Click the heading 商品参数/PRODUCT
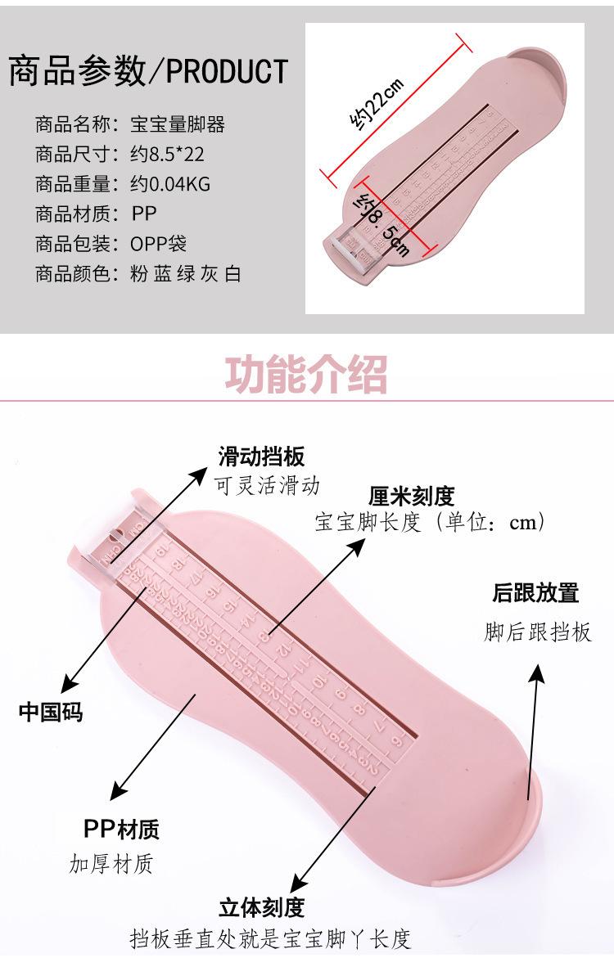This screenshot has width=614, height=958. point(148,71)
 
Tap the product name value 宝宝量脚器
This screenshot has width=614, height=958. point(178,124)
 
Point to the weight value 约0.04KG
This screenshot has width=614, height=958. point(170,184)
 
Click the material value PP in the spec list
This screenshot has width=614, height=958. point(143,214)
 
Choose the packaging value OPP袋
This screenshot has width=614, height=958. point(159,244)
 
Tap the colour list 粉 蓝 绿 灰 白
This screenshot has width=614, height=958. point(186,274)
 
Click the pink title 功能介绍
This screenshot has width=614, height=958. point(306,375)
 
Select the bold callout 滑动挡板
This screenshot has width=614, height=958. point(261,457)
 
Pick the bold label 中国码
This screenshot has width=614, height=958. point(51,710)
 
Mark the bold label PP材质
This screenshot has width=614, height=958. point(121,829)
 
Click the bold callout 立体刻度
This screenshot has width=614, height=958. point(261,907)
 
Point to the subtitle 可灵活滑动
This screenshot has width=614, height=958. point(267,485)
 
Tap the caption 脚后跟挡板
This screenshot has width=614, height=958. point(537,632)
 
